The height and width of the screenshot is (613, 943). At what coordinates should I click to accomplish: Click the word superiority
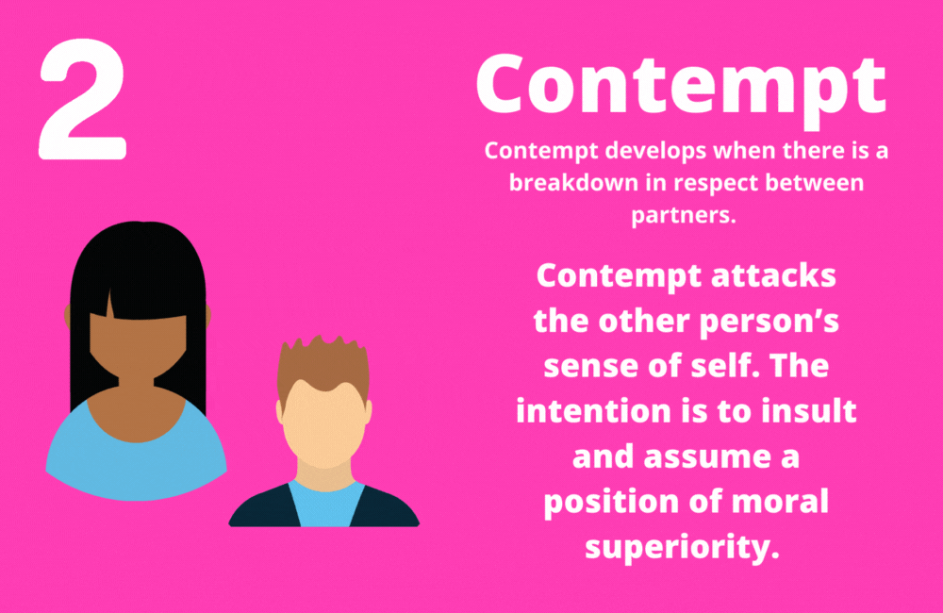tap(684, 547)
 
